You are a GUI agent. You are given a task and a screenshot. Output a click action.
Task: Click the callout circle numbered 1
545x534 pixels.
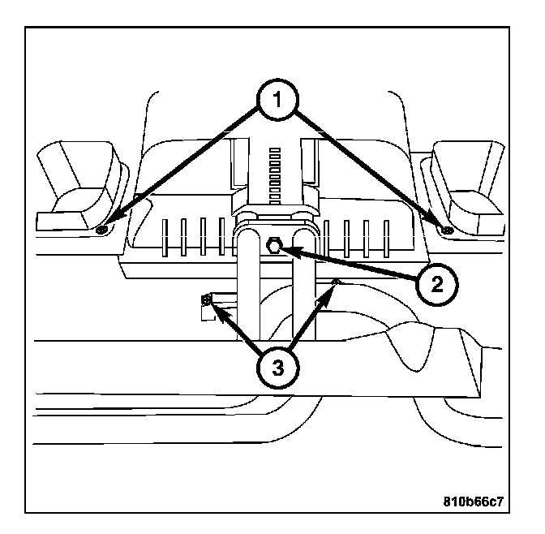tap(277, 100)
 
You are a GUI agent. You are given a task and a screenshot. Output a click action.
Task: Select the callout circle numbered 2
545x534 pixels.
tap(437, 285)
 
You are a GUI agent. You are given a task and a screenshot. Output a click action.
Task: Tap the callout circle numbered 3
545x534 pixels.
tap(277, 368)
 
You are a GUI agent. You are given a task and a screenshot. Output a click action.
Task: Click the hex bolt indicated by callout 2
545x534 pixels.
tap(273, 245)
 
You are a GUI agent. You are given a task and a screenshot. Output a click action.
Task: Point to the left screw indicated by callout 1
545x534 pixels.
tap(101, 230)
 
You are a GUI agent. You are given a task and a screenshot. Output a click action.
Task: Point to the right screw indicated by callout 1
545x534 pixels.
tap(447, 229)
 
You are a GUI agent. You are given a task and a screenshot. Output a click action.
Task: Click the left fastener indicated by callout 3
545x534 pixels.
tap(207, 299)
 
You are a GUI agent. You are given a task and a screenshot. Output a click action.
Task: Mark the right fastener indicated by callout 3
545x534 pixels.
tap(336, 281)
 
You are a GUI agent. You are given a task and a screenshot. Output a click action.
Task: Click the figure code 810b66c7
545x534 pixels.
tap(473, 502)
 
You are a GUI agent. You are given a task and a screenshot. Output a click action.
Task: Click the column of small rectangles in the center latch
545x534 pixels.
tap(275, 176)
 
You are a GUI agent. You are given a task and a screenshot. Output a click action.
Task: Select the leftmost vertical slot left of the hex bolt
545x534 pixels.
tap(165, 238)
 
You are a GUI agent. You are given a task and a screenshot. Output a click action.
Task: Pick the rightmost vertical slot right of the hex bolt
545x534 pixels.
tap(386, 239)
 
